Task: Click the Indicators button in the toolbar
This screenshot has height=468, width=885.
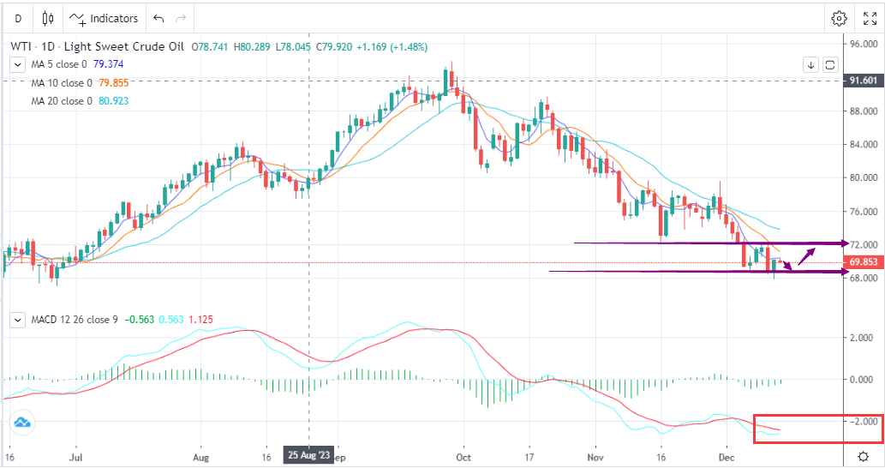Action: coord(105,18)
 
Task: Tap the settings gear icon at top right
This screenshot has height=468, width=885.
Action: coord(839,18)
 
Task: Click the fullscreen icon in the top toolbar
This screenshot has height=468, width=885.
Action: coord(868,18)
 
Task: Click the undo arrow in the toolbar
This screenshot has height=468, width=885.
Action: coord(158,18)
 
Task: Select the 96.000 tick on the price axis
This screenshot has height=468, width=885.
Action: coord(862,45)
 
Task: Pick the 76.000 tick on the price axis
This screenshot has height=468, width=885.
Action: coord(862,212)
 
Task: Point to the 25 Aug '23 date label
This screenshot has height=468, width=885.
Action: coord(308,456)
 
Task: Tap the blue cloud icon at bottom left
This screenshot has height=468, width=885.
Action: coord(22,422)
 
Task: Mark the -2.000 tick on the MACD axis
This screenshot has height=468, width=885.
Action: coord(862,421)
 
